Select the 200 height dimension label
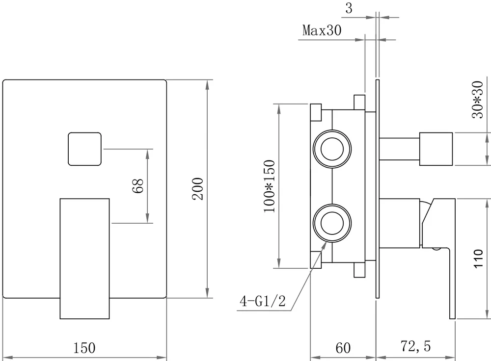[197, 189]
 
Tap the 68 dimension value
[139, 186]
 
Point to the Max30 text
[322, 31]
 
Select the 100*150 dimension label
[269, 186]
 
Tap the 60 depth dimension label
[343, 348]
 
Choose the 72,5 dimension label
[415, 347]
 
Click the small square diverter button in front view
[84, 149]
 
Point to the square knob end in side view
[437, 147]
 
